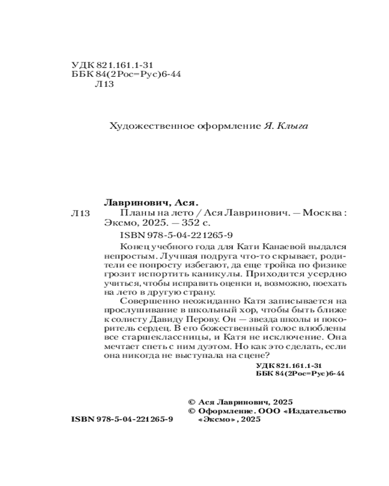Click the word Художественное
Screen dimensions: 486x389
tap(141, 126)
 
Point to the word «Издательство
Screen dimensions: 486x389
tap(317, 411)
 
